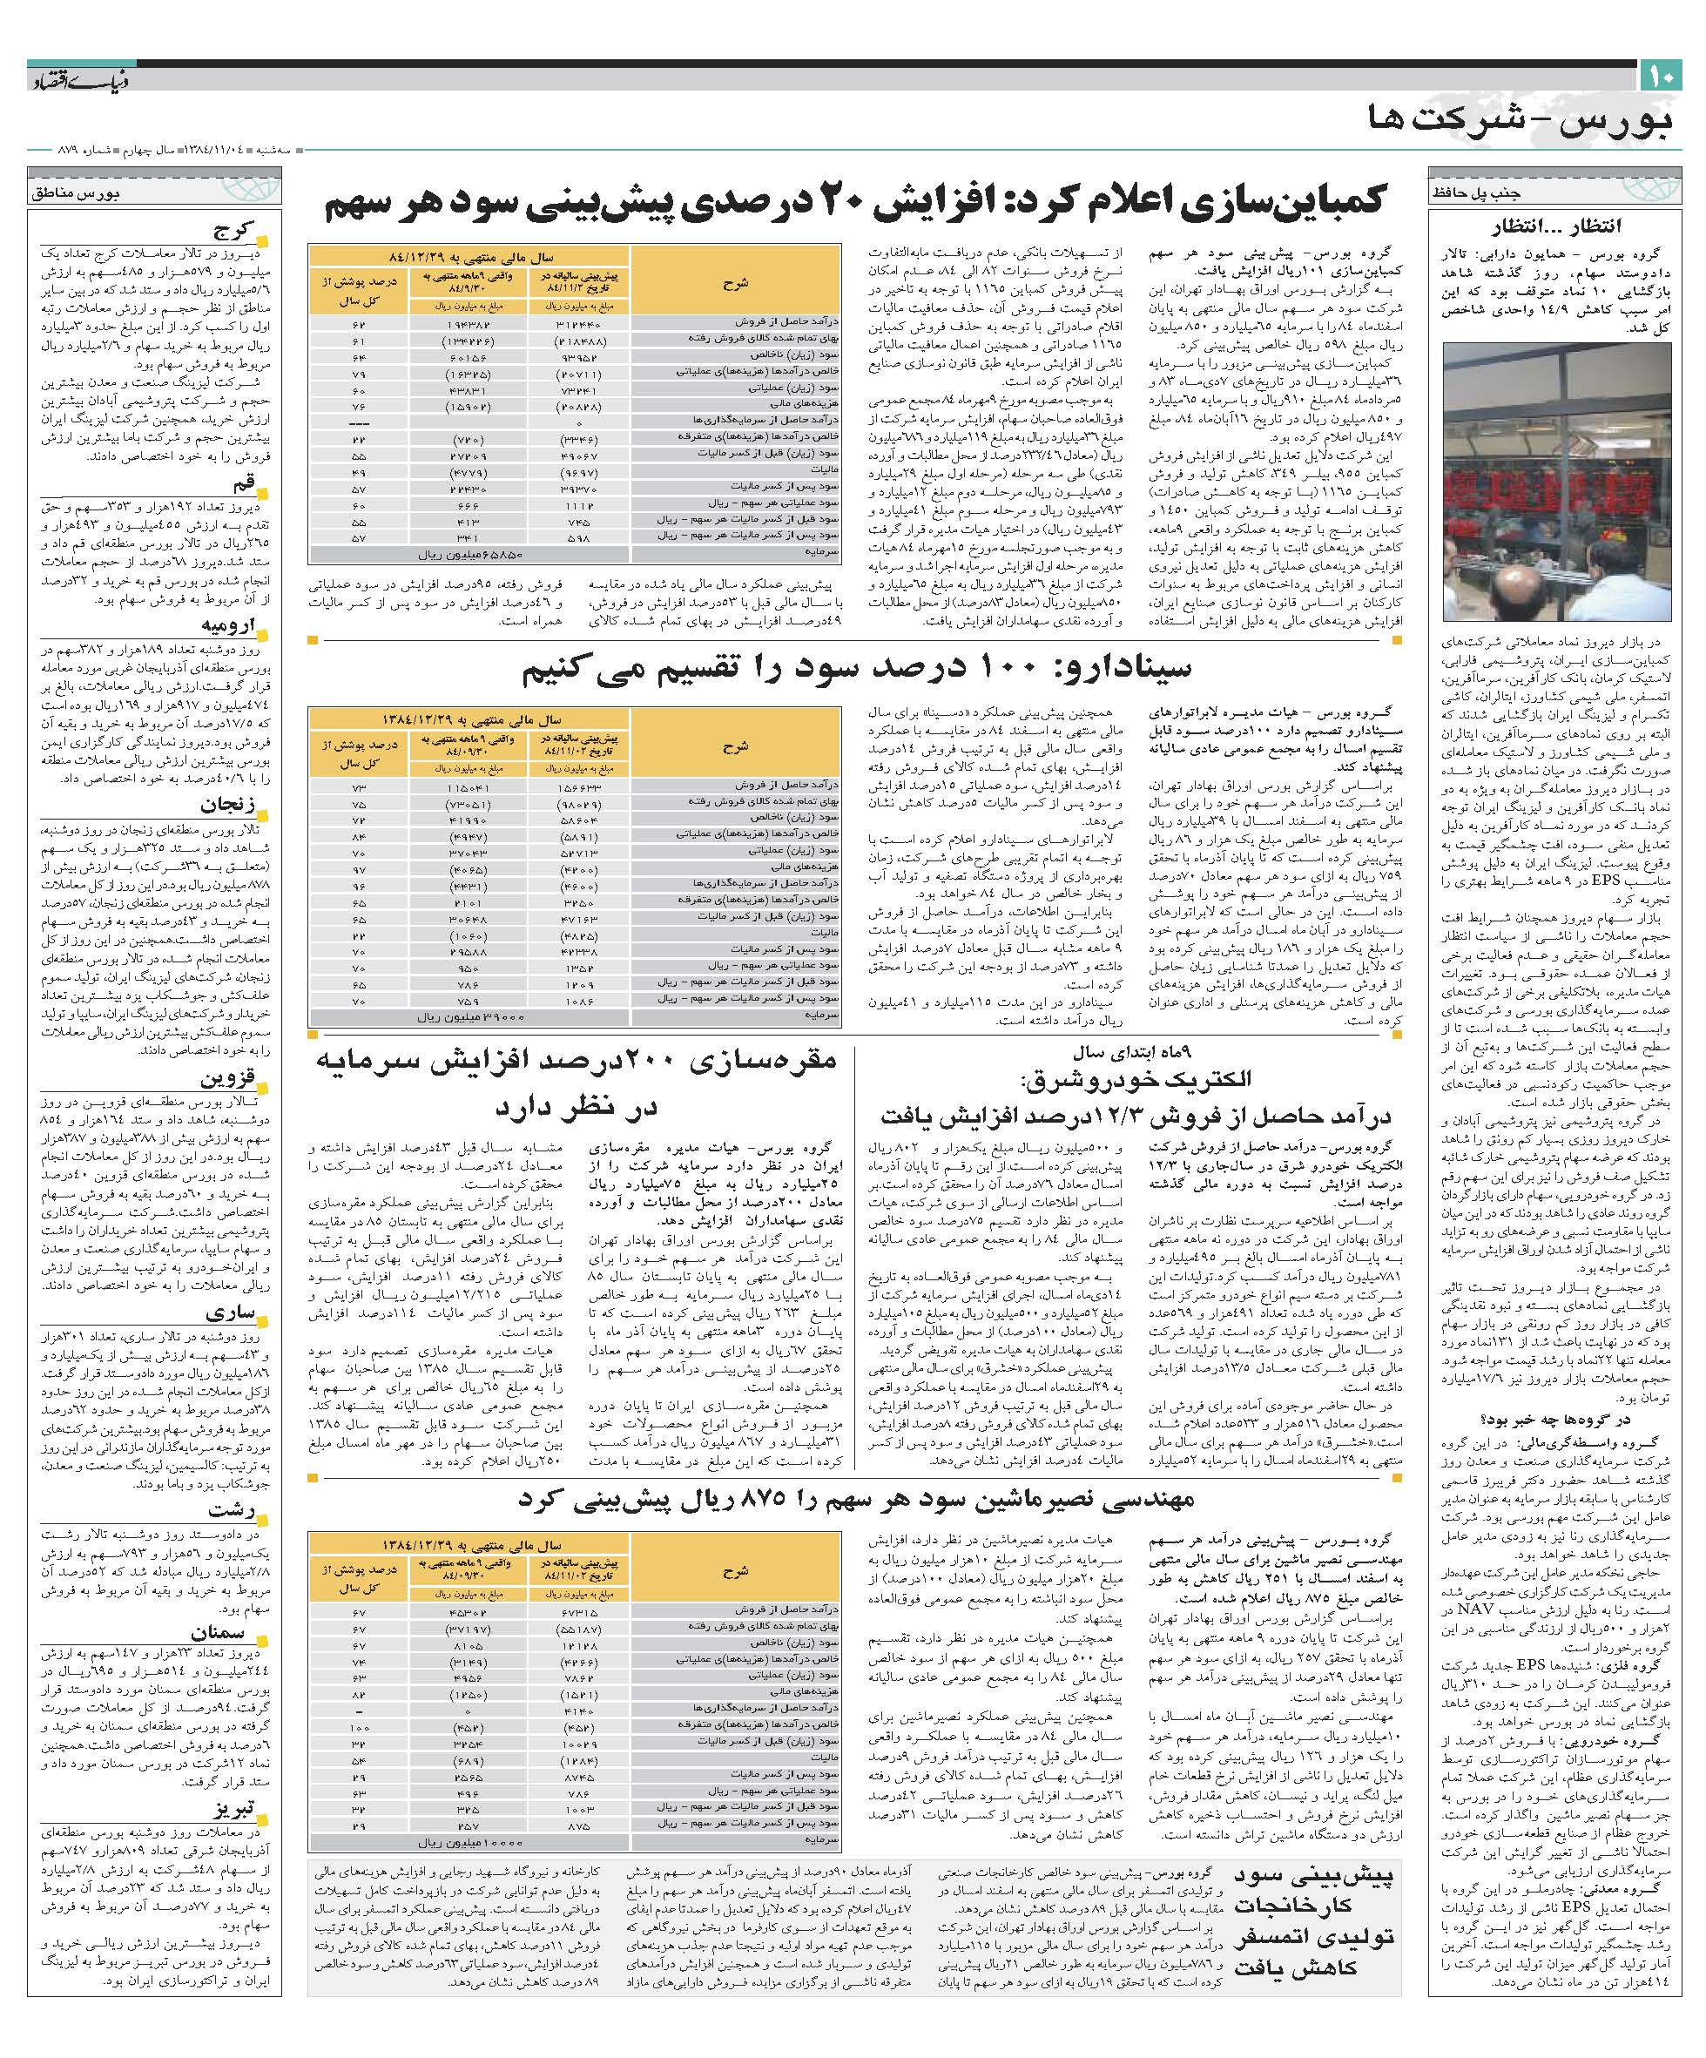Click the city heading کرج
(x=236, y=232)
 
